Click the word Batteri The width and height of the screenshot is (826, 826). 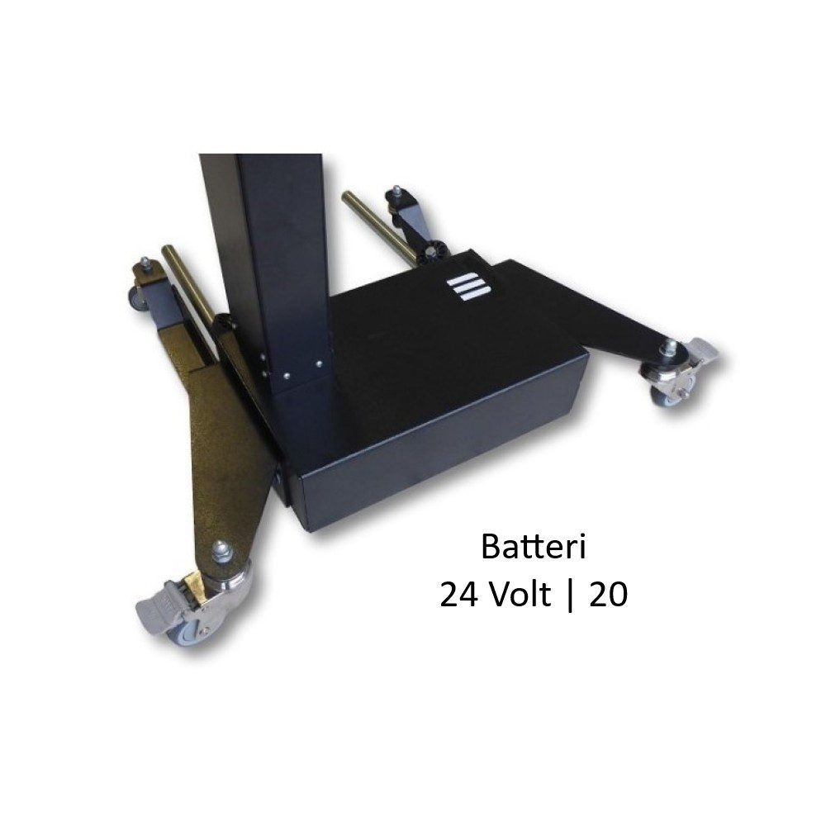click(533, 548)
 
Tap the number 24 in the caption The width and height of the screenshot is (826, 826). click(458, 596)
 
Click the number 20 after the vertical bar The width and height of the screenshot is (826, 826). click(609, 596)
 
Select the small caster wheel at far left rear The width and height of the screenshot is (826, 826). click(137, 298)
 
